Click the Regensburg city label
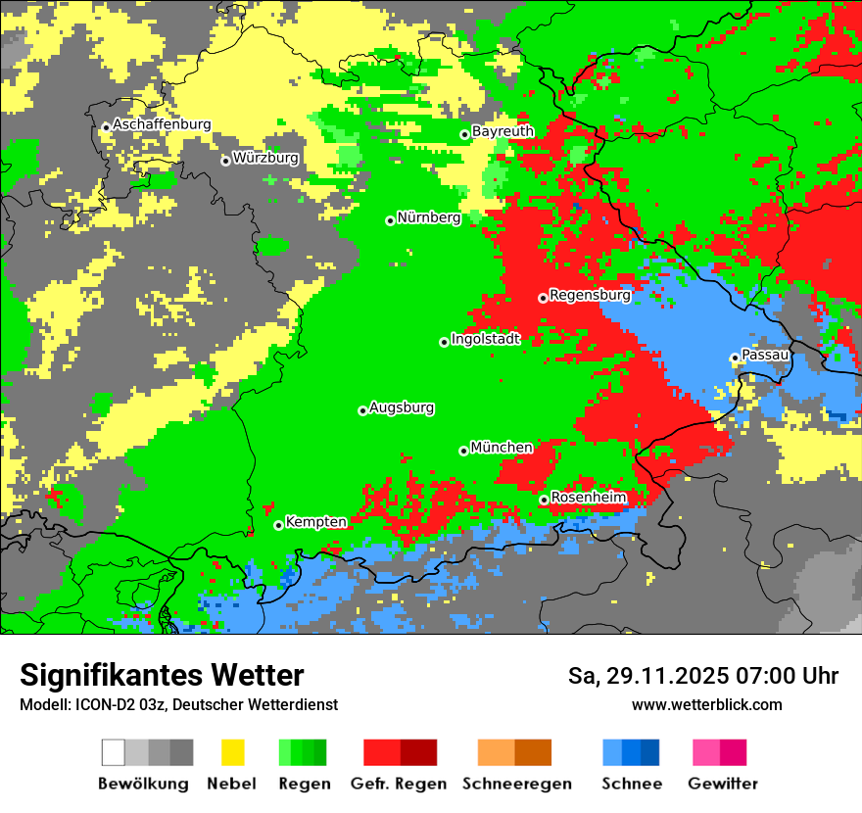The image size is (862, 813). (x=590, y=294)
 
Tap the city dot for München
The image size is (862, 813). (x=463, y=451)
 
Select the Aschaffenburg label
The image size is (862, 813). (x=162, y=124)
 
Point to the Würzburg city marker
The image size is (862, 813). (x=225, y=161)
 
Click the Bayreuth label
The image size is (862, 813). (x=503, y=131)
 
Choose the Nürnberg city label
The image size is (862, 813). (x=429, y=217)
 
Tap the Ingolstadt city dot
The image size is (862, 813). (x=444, y=342)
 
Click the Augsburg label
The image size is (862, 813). (x=402, y=407)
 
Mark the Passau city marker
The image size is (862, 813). (x=734, y=358)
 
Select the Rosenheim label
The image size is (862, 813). (x=588, y=498)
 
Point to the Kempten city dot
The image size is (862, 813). (x=278, y=525)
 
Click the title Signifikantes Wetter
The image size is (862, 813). (x=162, y=675)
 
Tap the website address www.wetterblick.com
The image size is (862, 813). (x=706, y=704)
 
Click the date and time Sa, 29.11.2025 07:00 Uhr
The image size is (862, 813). (x=702, y=676)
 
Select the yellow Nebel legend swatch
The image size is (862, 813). (x=232, y=752)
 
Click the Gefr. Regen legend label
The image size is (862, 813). (x=398, y=784)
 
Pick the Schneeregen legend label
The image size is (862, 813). (x=516, y=784)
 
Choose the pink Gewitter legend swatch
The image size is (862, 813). (x=706, y=752)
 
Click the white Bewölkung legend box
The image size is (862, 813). (x=113, y=752)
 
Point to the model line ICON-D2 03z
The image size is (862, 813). (x=178, y=704)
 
